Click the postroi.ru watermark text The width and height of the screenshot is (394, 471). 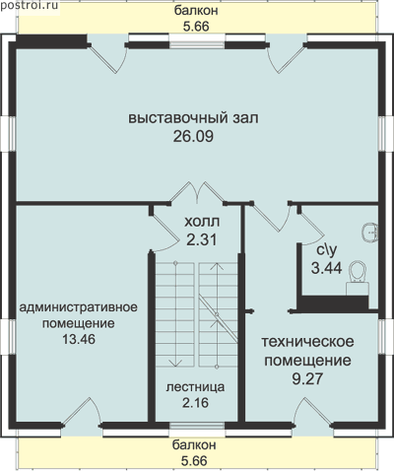click(30, 6)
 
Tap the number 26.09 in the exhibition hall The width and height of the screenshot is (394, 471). click(193, 136)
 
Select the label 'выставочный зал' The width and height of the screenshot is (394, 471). click(193, 118)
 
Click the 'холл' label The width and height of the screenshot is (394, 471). click(202, 222)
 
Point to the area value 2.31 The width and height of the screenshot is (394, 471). click(202, 239)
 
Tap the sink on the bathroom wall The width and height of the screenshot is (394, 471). click(370, 233)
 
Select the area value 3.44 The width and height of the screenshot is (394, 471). click(327, 268)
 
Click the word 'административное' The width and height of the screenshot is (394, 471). click(78, 307)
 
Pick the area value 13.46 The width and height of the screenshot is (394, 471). click(79, 339)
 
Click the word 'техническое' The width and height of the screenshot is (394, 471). click(307, 342)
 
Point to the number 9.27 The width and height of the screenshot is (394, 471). click(307, 378)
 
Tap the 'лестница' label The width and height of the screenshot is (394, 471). click(195, 387)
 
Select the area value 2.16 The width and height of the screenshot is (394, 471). click(196, 403)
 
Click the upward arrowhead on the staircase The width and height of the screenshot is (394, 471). click(217, 266)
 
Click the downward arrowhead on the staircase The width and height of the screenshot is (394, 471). click(175, 363)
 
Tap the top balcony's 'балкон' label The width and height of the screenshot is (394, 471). click(196, 11)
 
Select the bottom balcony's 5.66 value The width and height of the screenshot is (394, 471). click(194, 461)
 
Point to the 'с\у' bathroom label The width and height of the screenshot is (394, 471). click(327, 250)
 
